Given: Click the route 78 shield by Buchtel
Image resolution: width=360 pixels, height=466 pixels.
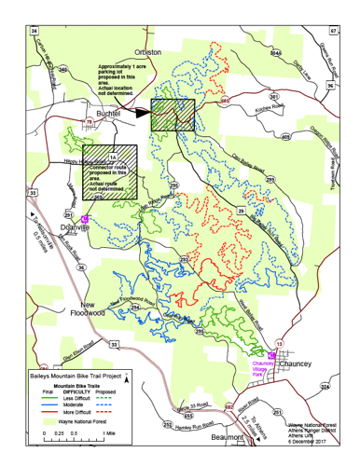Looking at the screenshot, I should click(x=90, y=121).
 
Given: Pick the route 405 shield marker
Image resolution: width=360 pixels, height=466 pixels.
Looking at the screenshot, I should click(x=284, y=137).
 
